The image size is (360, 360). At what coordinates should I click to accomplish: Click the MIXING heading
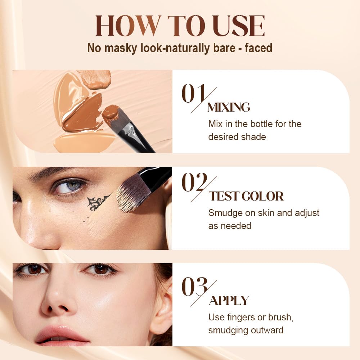[x=229, y=107]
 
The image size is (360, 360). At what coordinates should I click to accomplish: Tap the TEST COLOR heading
[x=246, y=196]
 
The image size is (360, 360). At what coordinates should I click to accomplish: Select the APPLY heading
[x=229, y=301]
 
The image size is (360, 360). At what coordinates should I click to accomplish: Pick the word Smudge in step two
[x=226, y=213]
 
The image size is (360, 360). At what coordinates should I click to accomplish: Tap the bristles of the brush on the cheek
[x=130, y=194]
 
